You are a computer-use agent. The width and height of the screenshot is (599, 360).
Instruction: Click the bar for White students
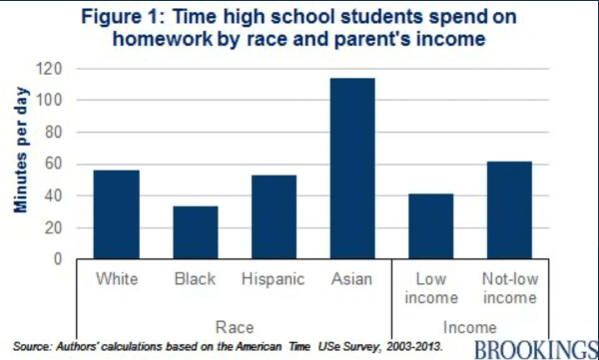117,214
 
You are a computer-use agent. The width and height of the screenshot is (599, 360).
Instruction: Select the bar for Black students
196,232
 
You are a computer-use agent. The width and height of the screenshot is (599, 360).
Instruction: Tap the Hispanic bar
275,217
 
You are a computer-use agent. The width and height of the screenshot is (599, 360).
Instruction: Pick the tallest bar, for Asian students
353,169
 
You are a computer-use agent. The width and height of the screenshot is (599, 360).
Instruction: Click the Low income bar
431,226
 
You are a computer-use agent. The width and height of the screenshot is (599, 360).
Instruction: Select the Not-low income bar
510,210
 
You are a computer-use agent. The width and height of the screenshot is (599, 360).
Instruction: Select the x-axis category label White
117,279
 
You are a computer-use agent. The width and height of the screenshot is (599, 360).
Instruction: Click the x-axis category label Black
196,279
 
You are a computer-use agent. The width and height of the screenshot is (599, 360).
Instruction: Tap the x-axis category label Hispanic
275,279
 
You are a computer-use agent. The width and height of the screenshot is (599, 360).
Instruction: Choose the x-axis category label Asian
353,279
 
